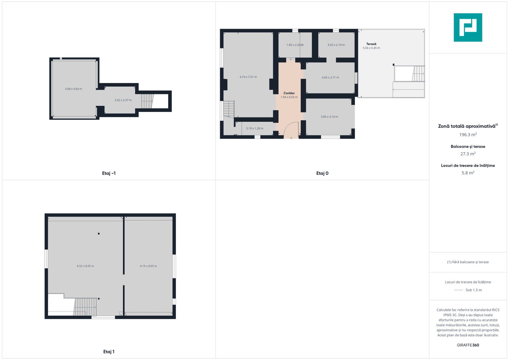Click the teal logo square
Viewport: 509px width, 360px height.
point(468,27)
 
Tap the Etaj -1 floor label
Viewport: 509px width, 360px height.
point(109,173)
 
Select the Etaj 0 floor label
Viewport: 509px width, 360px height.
point(322,173)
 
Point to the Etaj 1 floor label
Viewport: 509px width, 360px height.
point(109,352)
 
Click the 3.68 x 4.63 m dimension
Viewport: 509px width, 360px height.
point(73,89)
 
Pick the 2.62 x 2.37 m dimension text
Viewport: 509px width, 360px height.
point(123,100)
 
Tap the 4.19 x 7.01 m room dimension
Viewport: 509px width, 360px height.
point(248,77)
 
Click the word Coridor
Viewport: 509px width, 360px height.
point(289,93)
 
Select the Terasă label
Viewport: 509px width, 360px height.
point(371,44)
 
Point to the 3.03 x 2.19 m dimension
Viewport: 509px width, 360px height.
point(336,45)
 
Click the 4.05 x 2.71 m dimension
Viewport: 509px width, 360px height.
point(330,77)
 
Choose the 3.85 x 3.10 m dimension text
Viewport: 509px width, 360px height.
point(329,117)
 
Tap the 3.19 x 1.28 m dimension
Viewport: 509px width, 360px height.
point(255,128)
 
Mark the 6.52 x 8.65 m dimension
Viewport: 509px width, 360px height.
point(85,266)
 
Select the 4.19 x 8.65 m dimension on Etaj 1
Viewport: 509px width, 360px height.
point(148,266)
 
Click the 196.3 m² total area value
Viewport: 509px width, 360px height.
point(468,135)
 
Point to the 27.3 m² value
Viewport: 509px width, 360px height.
point(468,154)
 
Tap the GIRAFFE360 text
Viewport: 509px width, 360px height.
point(468,345)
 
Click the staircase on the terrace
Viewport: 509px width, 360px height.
point(418,74)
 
